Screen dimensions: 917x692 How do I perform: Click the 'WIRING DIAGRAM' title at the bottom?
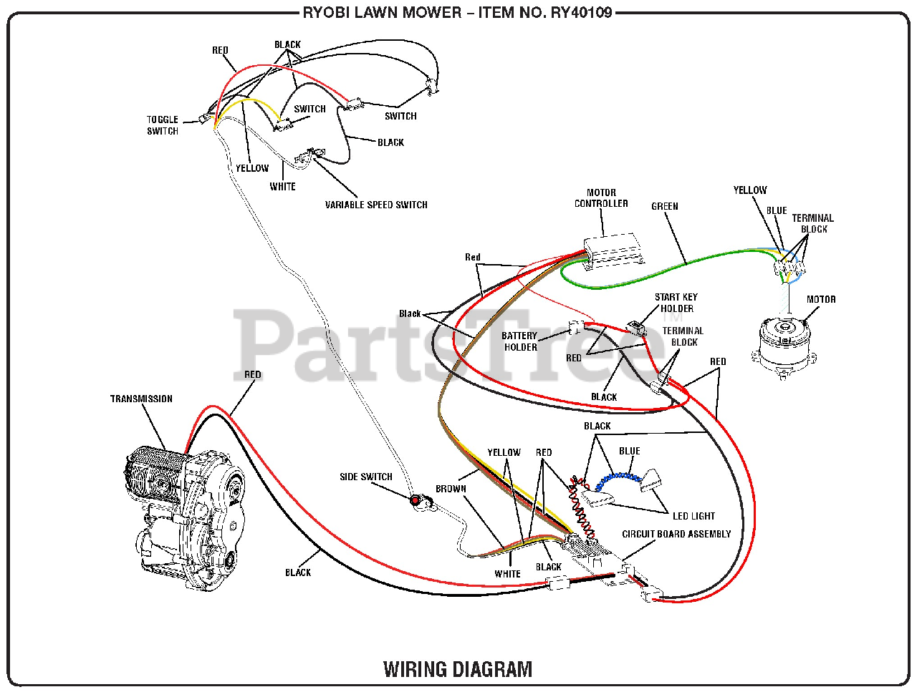458,668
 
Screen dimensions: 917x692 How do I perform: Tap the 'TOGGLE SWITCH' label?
163,125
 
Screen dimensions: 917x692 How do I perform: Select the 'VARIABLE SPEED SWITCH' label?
376,205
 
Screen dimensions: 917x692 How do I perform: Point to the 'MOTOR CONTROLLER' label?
601,198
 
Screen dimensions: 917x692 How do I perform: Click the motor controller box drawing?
614,252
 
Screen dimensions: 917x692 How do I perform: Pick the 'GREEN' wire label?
665,207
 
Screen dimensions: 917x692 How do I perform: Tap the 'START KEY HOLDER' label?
676,303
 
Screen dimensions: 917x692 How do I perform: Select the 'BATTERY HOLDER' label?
519,341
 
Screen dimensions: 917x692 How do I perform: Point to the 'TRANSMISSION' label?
141,399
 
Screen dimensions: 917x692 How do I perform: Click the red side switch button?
415,500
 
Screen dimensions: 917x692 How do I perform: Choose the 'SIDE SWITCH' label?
366,477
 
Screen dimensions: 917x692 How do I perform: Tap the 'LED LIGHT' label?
693,516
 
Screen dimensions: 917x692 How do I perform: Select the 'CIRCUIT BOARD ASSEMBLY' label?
676,534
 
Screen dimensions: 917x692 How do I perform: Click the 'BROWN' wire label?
451,489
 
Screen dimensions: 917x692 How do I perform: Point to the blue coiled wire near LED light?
618,479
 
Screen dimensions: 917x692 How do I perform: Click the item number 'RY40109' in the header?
582,12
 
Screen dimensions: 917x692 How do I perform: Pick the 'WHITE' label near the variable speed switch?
282,187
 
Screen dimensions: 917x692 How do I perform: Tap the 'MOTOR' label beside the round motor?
821,299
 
